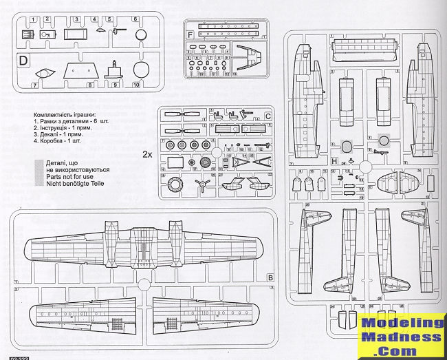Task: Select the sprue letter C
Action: point(268,115)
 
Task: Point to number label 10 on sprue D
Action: point(135,86)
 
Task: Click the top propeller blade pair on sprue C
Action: point(178,114)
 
